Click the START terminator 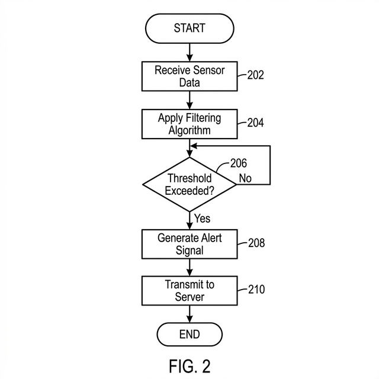(x=189, y=28)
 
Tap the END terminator (x=189, y=335)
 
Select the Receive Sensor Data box (x=189, y=76)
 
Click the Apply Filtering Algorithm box (x=189, y=124)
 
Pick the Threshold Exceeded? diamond (x=189, y=184)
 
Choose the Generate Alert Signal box (x=189, y=243)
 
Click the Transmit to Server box (x=189, y=290)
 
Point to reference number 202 (x=256, y=75)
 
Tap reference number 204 (x=256, y=123)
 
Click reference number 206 (x=237, y=163)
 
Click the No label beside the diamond (x=246, y=178)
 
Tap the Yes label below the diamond (x=202, y=219)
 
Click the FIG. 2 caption (x=189, y=365)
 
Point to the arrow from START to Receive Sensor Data (x=189, y=52)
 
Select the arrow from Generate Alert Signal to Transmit (x=189, y=266)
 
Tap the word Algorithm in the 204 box (x=189, y=130)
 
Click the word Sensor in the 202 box (x=208, y=70)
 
